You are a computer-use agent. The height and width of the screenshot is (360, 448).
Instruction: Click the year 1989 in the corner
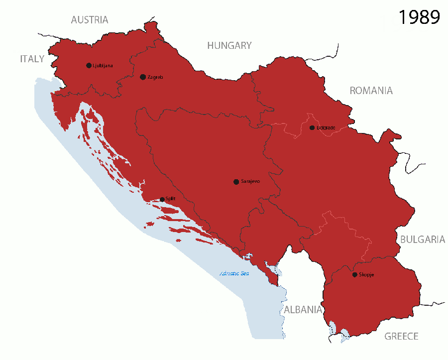pos(419,17)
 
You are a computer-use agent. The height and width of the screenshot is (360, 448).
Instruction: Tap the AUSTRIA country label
pos(90,20)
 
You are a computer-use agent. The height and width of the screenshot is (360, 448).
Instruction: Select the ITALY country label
pos(32,59)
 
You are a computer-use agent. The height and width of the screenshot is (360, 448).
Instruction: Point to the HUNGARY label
pos(229,45)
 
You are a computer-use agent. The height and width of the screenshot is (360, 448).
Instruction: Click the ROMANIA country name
pos(371,91)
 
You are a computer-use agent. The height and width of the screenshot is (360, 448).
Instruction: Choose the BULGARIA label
pos(423,240)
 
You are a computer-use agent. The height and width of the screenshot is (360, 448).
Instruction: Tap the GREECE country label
pos(401,337)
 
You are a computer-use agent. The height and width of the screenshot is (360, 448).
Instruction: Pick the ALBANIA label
pos(303,310)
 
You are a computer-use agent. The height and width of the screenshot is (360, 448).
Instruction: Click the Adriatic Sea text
pos(234,273)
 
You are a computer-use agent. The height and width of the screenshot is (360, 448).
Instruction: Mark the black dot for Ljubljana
pos(89,65)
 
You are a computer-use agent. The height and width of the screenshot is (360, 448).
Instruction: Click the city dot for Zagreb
pos(143,77)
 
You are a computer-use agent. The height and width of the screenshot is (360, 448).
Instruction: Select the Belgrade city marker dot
pos(312,128)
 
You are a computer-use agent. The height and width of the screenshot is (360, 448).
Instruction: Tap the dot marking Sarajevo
pos(236,182)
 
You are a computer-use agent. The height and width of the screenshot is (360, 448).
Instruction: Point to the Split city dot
pos(162,199)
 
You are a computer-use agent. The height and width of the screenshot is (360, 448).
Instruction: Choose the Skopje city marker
pos(354,275)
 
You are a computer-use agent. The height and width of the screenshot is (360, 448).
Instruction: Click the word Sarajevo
pos(250,182)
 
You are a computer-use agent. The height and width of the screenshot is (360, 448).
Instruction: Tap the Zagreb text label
pos(155,77)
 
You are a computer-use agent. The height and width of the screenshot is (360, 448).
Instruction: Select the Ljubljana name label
pos(103,66)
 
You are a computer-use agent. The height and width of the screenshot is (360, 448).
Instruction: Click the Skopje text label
pos(366,275)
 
